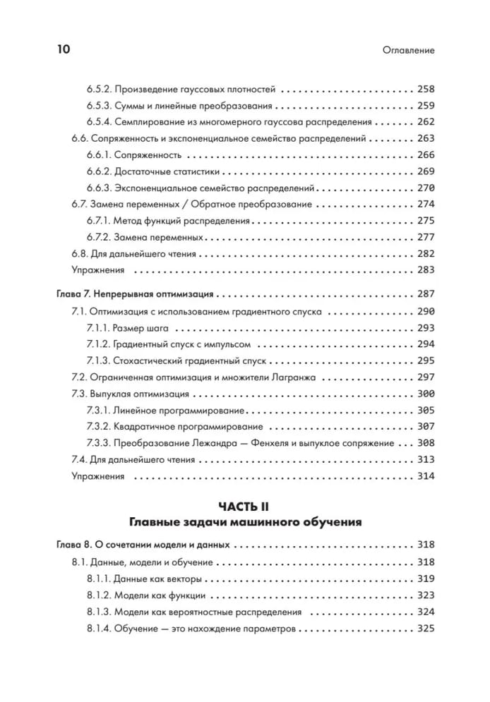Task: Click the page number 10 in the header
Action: point(62,50)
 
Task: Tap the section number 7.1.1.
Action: point(100,327)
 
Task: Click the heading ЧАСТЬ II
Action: point(245,507)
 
